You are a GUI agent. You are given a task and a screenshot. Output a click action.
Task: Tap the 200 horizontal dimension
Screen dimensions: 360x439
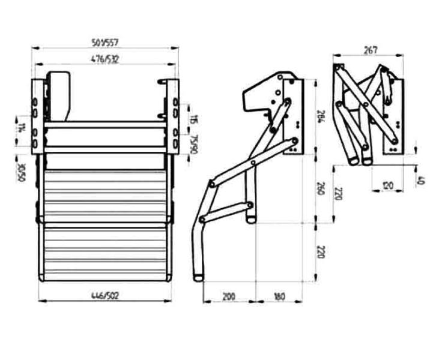pyautogui.click(x=229, y=296)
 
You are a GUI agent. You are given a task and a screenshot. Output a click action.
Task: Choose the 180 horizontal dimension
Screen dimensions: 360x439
pyautogui.click(x=279, y=296)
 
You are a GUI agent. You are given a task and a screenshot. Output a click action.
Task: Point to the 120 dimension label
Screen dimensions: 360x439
pyautogui.click(x=389, y=186)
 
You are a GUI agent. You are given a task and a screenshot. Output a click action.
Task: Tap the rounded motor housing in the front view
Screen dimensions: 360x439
pyautogui.click(x=59, y=96)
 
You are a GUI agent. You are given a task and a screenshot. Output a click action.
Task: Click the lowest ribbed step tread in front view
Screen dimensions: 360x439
pyautogui.click(x=103, y=252)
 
